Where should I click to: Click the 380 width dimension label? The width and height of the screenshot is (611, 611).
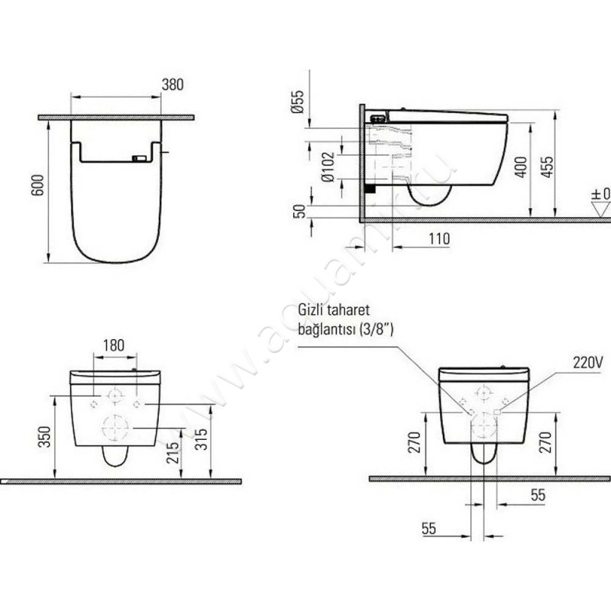(x=173, y=85)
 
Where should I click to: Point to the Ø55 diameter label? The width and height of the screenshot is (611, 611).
(x=299, y=101)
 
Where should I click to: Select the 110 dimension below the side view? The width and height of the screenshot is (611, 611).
(x=438, y=238)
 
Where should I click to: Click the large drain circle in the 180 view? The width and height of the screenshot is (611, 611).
(x=115, y=426)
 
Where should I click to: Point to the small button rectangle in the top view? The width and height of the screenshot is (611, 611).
(x=139, y=159)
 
